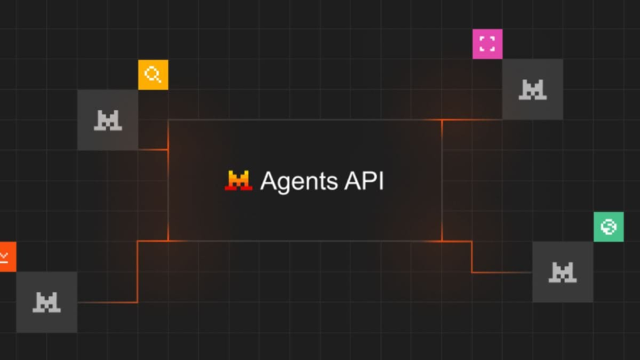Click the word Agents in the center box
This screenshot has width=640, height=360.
299,182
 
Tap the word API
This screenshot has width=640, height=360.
364,180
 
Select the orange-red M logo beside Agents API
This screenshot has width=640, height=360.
238,180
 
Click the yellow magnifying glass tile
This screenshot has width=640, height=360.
153,75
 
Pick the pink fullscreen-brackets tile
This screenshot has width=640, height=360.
487,44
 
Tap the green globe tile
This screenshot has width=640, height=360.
609,227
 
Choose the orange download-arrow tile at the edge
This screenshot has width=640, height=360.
8,257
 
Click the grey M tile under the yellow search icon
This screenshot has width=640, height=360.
108,120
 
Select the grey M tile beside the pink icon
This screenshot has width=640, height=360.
532,89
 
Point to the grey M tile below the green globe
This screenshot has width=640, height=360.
563,272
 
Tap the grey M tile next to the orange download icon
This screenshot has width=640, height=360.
47,302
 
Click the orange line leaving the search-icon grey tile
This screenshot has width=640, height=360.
153,150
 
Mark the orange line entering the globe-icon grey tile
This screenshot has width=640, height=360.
502,273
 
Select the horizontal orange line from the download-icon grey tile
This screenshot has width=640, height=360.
108,302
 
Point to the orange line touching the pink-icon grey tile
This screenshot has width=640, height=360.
472,119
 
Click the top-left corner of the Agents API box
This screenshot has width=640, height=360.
168,120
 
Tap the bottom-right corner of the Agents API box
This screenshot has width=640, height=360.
442,241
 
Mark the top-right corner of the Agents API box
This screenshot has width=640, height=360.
442,120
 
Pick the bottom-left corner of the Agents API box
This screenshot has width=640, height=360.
168,241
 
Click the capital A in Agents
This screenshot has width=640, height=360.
268,180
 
